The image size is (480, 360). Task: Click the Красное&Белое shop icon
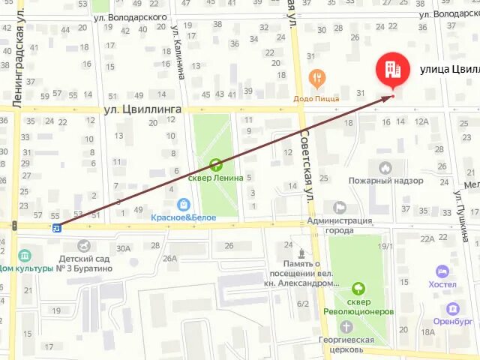coord(184,203)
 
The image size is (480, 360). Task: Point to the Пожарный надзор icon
coord(385,168)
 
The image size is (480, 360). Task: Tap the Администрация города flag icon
coord(340,208)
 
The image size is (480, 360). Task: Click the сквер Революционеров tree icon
coord(358,288)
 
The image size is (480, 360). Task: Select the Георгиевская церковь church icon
coord(346,327)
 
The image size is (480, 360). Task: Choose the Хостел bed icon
coord(442,271)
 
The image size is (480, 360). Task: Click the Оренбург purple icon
coord(452,309)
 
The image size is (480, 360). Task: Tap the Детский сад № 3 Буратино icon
coord(83,244)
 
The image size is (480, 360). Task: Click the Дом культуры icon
coord(25,256)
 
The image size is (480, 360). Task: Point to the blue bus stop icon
coord(57,227)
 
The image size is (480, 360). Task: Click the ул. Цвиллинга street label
coord(135,109)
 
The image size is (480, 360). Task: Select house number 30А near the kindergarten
coord(123,248)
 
